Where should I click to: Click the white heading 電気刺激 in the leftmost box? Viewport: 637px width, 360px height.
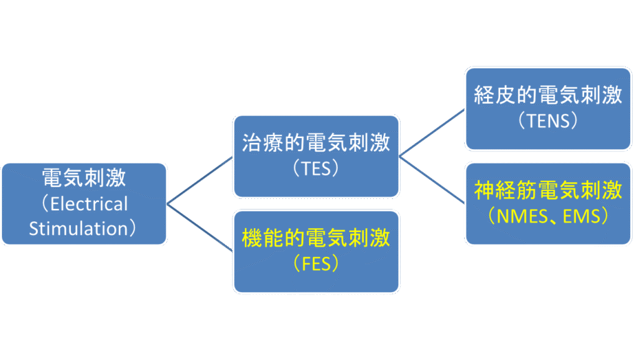click(83, 178)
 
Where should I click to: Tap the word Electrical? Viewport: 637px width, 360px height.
click(89, 204)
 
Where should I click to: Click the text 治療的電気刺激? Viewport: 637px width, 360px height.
click(316, 143)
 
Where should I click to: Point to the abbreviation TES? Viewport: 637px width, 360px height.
click(315, 168)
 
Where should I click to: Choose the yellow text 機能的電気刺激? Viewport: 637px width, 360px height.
click(316, 238)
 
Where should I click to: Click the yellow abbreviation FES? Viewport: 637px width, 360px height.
click(315, 263)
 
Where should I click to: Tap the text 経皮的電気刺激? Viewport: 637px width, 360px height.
click(548, 96)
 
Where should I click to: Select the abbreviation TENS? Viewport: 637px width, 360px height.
click(548, 121)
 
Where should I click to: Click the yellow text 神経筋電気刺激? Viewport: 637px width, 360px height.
click(548, 190)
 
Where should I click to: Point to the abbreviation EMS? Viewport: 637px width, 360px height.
click(582, 216)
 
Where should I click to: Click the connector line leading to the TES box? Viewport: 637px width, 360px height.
click(200, 180)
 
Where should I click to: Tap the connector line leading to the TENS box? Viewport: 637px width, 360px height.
click(433, 132)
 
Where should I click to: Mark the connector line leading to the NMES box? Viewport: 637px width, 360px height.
click(433, 181)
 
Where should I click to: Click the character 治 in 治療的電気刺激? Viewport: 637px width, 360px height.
click(251, 143)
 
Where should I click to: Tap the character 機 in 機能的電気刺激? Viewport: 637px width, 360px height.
click(251, 238)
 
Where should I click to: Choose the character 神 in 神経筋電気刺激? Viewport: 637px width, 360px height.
click(485, 190)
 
